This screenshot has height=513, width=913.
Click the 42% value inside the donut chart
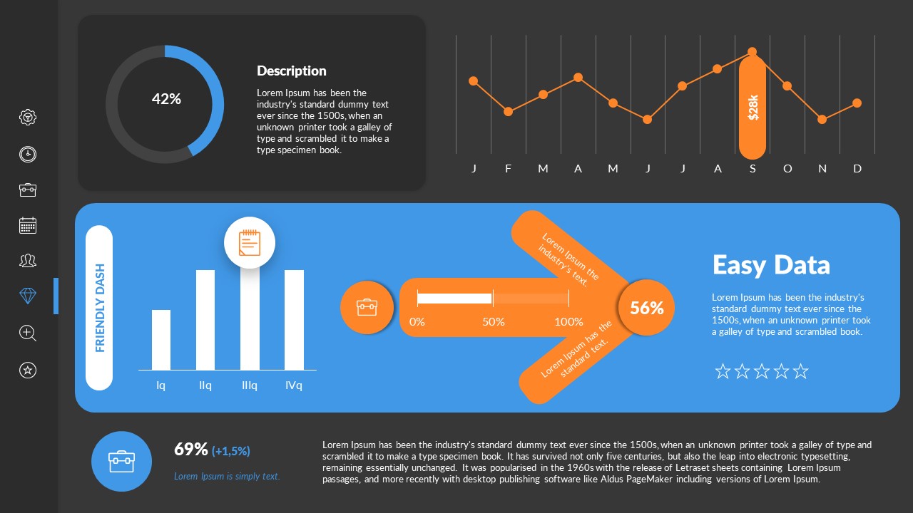click(166, 99)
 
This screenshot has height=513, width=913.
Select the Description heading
click(291, 71)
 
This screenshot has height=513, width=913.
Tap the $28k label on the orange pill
click(753, 107)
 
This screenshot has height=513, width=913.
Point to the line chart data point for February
click(508, 111)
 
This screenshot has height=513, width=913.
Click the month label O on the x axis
click(787, 169)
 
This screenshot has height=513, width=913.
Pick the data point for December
click(857, 103)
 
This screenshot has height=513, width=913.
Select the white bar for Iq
click(161, 339)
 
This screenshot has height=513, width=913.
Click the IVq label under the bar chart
click(294, 385)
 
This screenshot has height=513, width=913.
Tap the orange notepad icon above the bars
click(249, 243)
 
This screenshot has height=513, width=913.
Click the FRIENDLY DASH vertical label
click(100, 308)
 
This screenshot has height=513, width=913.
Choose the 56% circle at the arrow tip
click(646, 308)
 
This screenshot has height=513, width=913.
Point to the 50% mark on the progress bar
click(493, 321)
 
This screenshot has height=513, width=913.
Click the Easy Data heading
click(771, 265)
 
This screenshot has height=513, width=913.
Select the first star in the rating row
click(723, 371)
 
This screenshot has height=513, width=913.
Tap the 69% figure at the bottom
click(191, 449)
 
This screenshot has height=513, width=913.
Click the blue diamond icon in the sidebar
click(28, 296)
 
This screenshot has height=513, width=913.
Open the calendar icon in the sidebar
click(28, 225)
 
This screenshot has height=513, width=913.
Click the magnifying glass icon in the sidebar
click(28, 333)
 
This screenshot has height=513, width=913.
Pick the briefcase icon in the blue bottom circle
click(121, 461)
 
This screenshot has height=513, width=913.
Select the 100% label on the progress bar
click(568, 321)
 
